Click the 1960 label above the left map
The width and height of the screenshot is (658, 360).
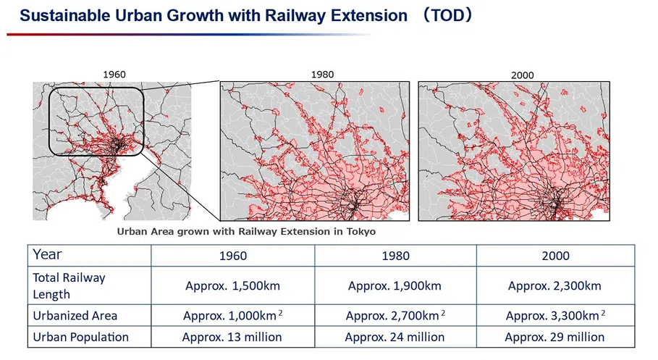click(114, 75)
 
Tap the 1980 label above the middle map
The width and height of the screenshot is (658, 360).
click(322, 75)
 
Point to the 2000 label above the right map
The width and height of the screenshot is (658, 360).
click(522, 75)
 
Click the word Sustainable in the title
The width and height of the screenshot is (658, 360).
click(64, 15)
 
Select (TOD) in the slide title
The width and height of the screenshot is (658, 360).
click(448, 15)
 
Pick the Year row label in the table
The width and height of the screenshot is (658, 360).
click(47, 254)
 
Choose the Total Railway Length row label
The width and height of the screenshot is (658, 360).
click(69, 285)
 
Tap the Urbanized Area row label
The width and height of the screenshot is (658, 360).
click(75, 316)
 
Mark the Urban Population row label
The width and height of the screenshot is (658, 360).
click(80, 337)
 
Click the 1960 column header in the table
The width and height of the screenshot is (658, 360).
click(233, 256)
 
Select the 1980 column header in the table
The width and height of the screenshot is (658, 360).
click(395, 256)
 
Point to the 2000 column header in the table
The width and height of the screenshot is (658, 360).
click(556, 256)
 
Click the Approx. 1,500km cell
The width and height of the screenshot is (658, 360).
click(232, 286)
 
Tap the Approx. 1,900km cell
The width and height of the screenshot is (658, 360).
click(395, 286)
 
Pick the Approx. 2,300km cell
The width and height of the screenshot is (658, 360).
click(554, 286)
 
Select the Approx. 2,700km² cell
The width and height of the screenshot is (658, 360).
click(395, 316)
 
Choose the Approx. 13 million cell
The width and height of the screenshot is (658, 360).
click(232, 337)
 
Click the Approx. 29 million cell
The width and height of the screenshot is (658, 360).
click(554, 337)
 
